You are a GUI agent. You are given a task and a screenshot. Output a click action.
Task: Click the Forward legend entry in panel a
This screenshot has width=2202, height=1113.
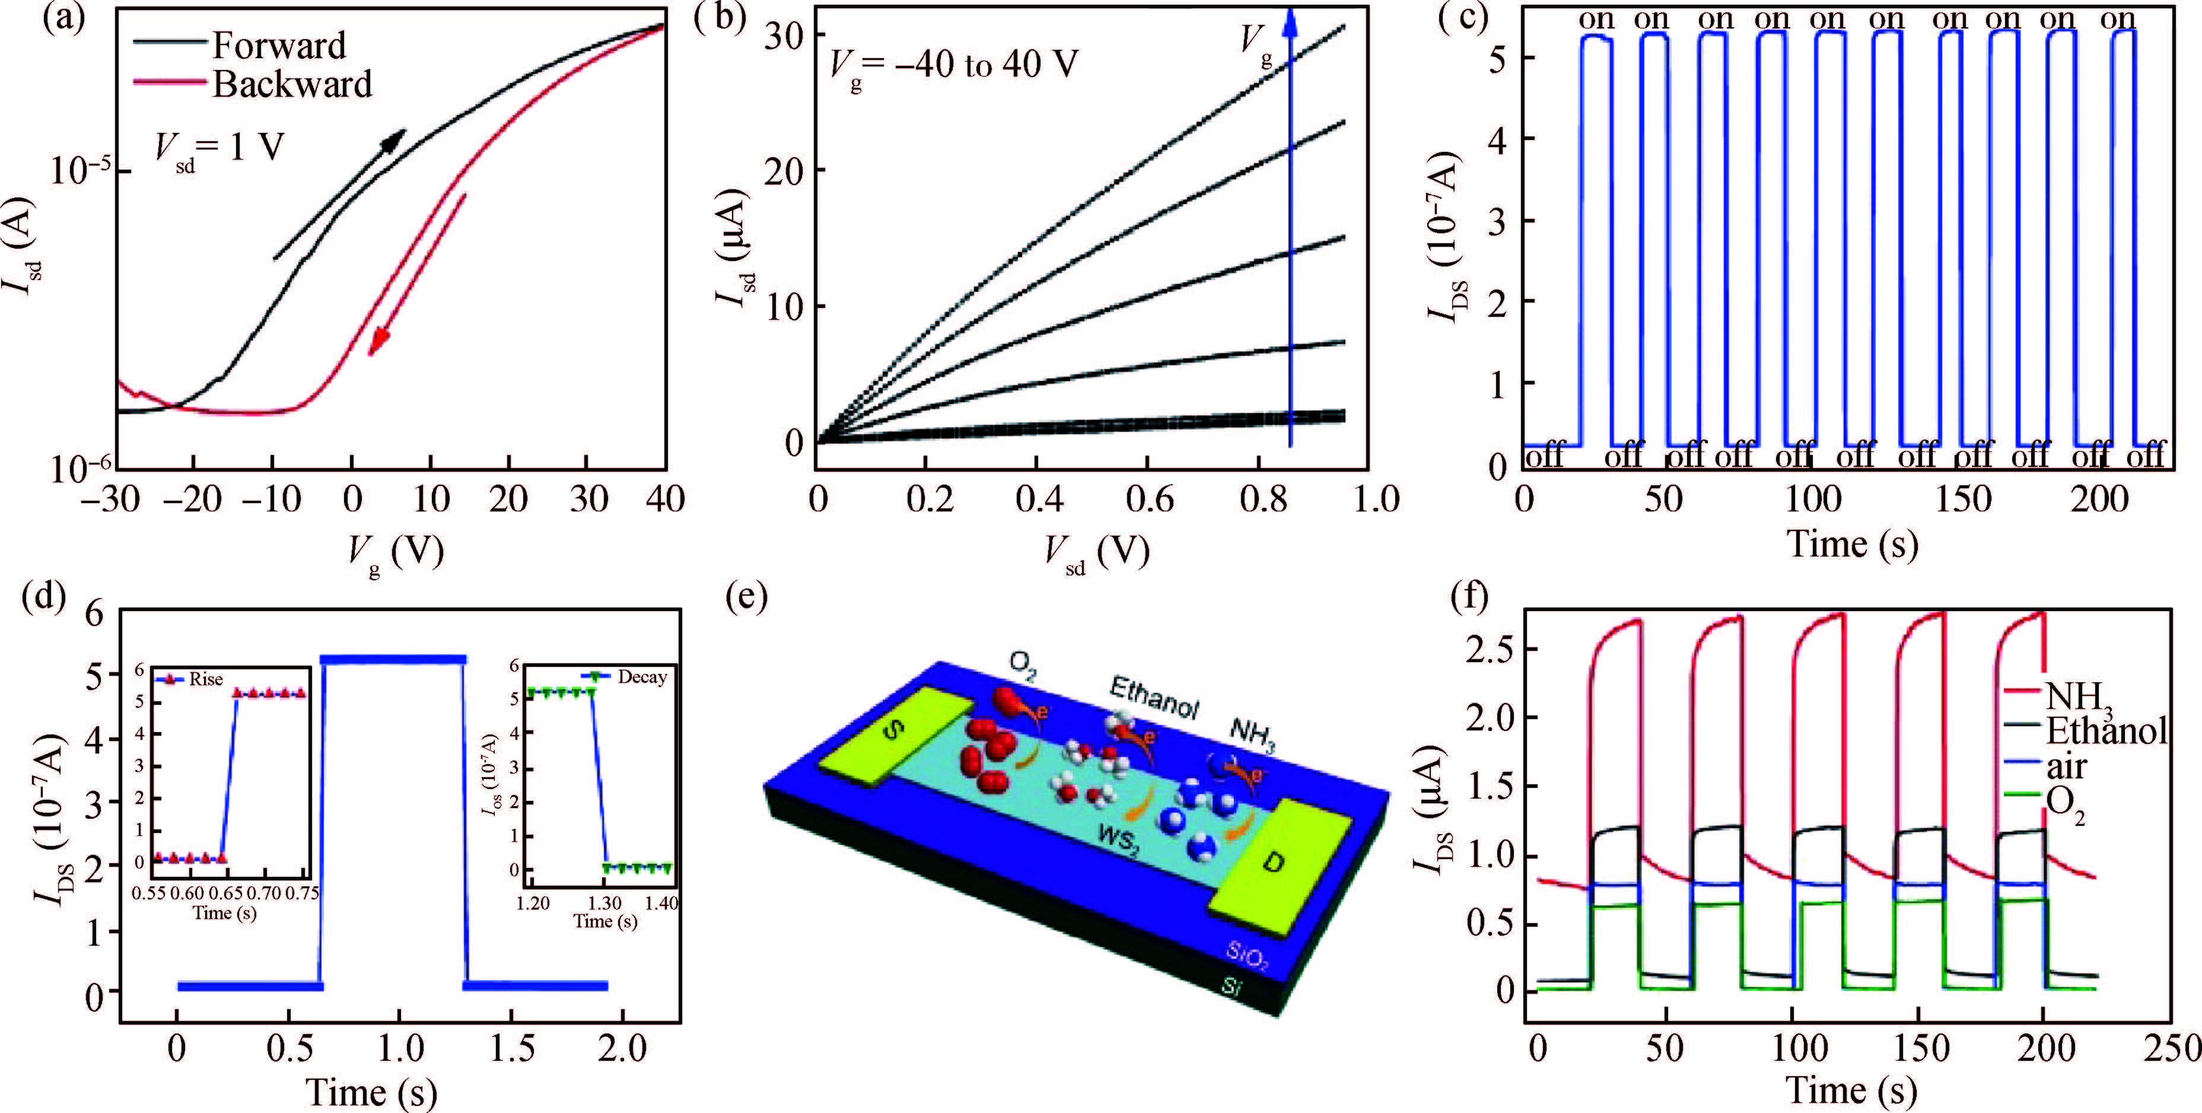point(279,45)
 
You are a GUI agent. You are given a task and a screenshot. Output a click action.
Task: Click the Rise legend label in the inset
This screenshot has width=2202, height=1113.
point(206,679)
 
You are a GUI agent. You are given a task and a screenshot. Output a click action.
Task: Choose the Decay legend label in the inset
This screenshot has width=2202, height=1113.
point(642,677)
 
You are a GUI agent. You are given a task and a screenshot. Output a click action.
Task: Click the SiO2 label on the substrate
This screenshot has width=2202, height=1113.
point(1246,956)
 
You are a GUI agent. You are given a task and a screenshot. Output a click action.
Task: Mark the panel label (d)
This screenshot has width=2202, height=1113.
point(44,596)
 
